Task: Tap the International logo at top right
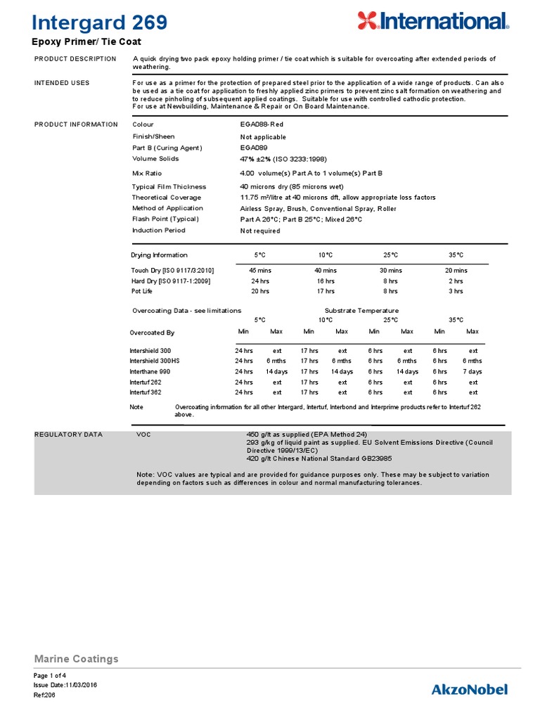(432, 21)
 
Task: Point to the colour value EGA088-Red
(262, 124)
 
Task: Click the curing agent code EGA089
(253, 148)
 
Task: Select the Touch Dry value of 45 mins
(260, 270)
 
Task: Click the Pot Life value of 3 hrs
(456, 291)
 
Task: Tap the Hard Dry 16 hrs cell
(326, 281)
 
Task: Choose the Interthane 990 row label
(150, 371)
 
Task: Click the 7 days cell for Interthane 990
(472, 371)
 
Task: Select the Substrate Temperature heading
(361, 310)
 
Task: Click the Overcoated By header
(152, 333)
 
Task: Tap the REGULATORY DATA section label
(68, 435)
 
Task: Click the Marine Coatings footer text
(76, 659)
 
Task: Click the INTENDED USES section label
(62, 83)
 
